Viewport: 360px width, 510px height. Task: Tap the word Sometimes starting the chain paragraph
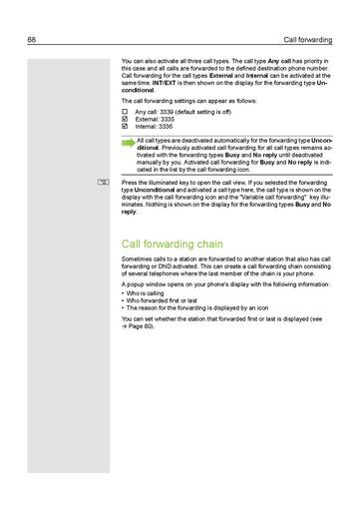click(138, 261)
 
